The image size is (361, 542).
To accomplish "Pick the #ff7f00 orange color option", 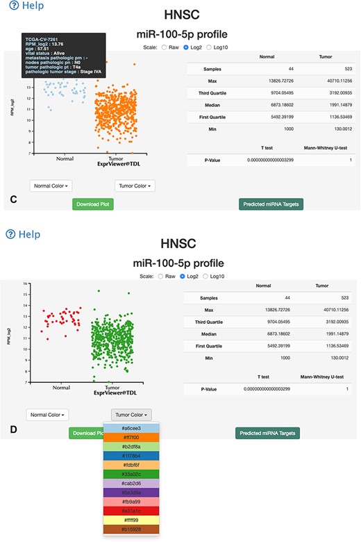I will [x=131, y=438].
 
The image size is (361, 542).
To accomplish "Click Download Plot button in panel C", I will [x=92, y=204].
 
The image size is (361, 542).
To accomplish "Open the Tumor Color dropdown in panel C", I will [x=135, y=186].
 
